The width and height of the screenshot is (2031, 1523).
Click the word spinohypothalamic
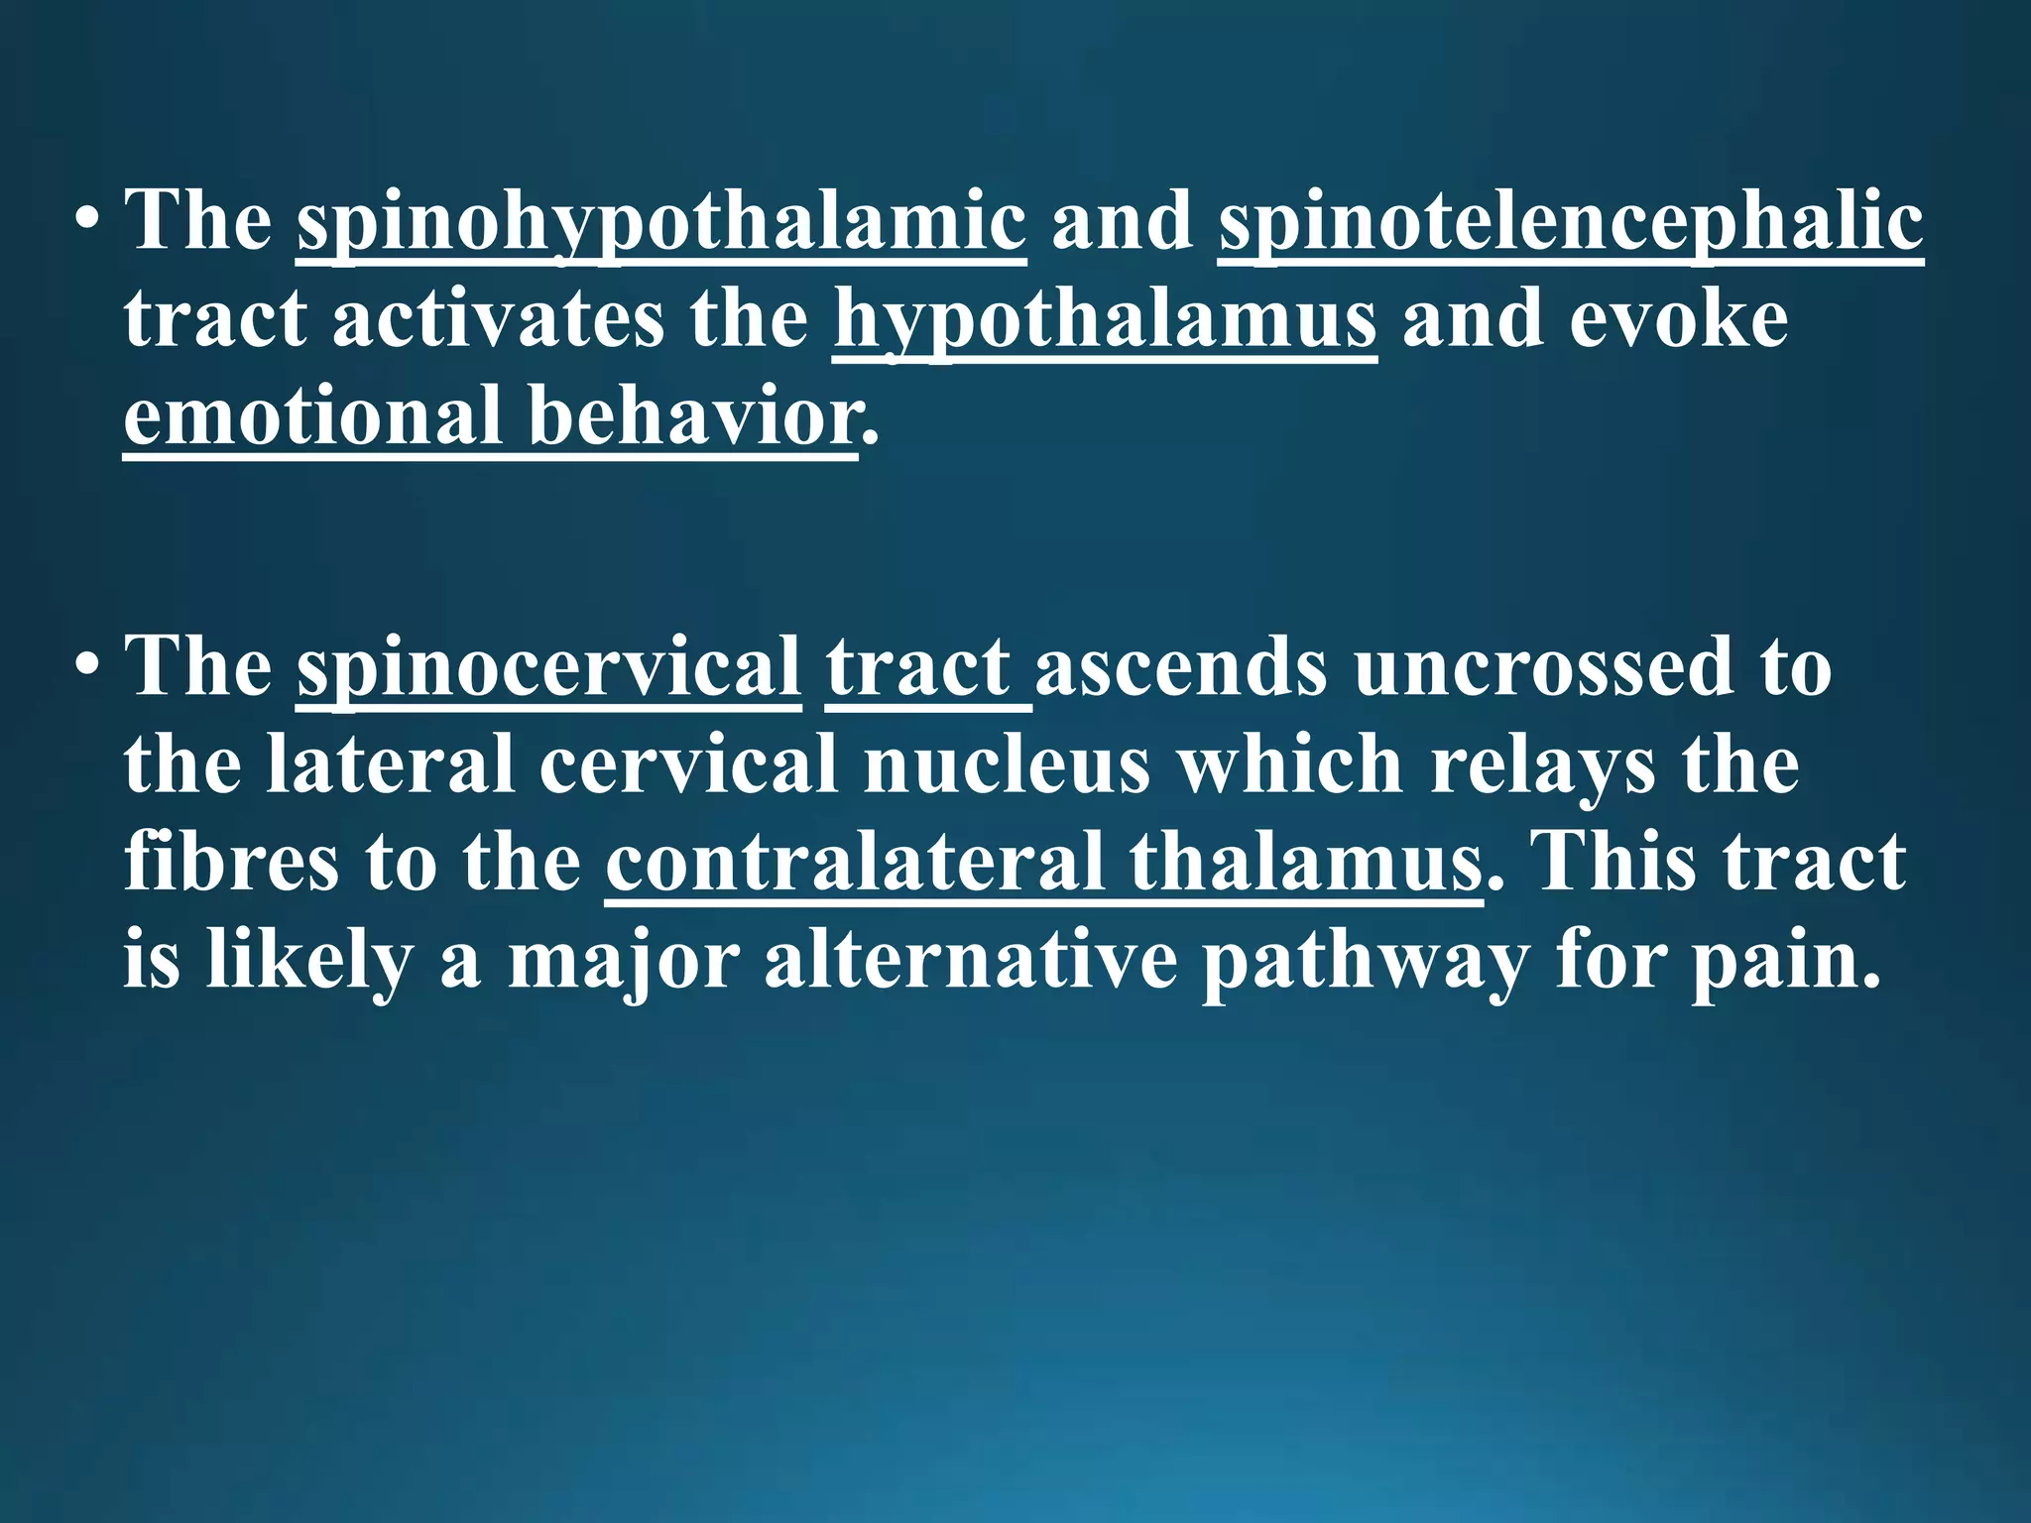(660, 222)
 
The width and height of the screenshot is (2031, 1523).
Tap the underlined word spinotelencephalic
(1571, 222)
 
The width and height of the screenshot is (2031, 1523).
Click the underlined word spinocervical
(548, 667)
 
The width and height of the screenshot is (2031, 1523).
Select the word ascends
(1180, 667)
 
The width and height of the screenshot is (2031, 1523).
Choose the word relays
(1542, 764)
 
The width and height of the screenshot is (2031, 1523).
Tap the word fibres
(232, 862)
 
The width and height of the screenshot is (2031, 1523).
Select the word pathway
(1366, 959)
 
